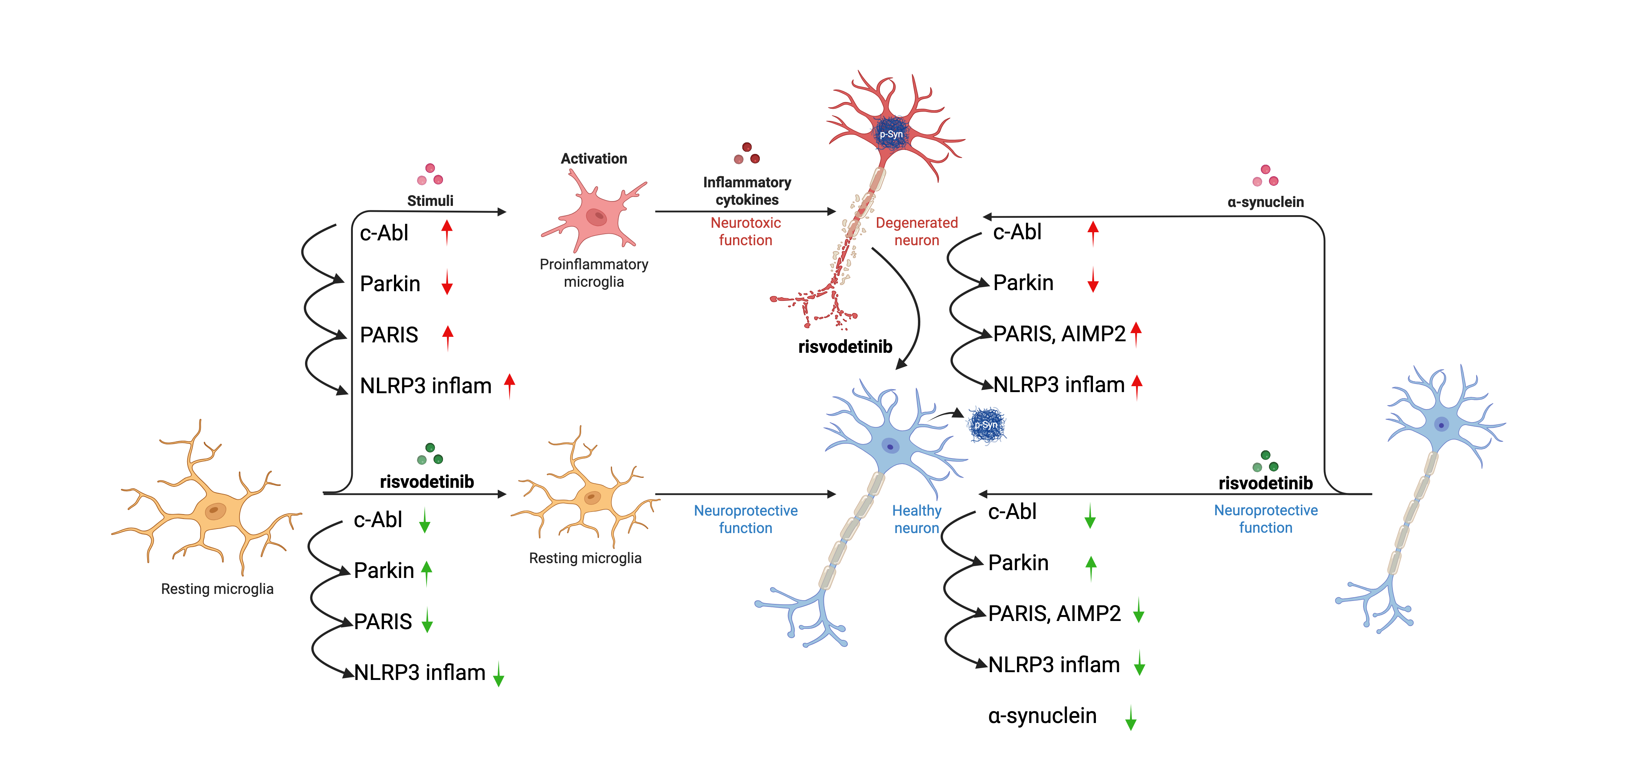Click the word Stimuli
[x=430, y=201]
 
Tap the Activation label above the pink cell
[x=593, y=159]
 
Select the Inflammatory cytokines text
[x=747, y=191]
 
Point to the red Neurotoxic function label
[x=746, y=231]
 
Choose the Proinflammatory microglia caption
[x=593, y=273]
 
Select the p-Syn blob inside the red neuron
[x=891, y=134]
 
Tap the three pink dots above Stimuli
[x=430, y=174]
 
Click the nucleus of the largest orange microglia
[x=215, y=510]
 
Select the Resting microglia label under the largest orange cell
[x=217, y=589]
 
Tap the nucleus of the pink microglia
[x=597, y=217]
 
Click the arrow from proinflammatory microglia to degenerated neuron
[x=745, y=211]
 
